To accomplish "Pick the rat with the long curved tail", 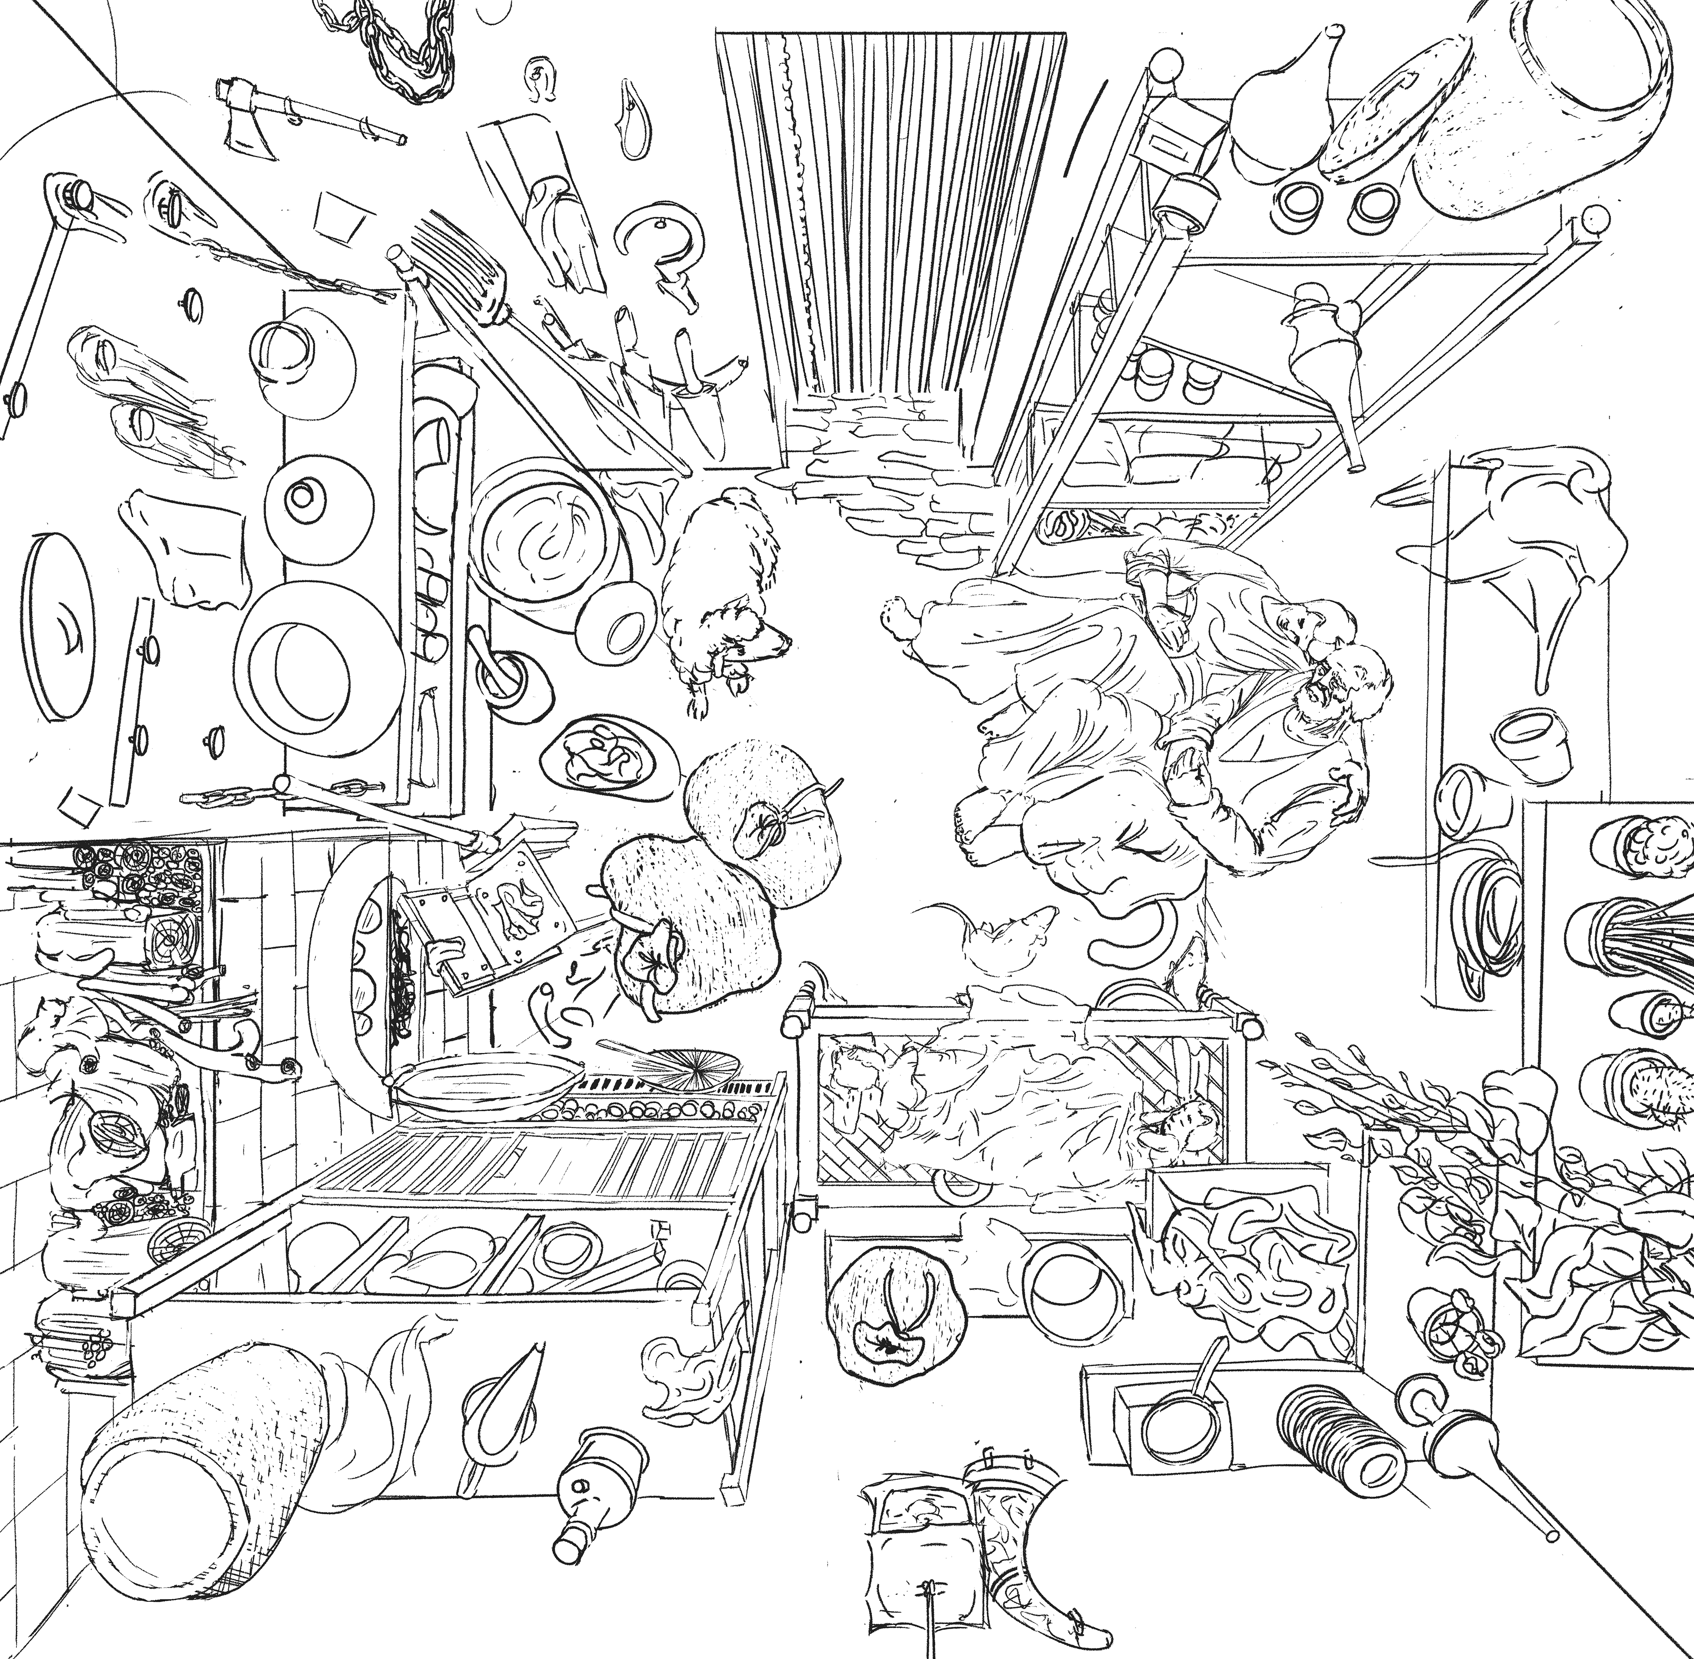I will pyautogui.click(x=1011, y=932).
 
